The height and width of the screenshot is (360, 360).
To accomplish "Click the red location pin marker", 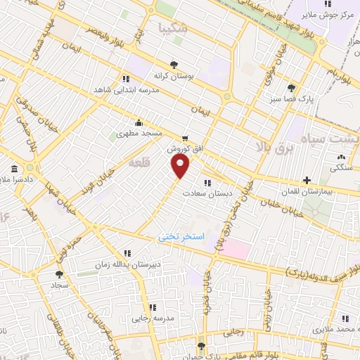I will [x=181, y=167].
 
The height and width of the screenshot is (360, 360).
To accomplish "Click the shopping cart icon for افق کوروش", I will [x=184, y=139].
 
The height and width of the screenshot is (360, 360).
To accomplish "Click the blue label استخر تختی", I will [x=180, y=237].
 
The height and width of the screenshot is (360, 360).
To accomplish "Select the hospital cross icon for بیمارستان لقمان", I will [x=306, y=180].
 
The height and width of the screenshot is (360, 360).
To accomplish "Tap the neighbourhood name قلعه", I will [x=138, y=163].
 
